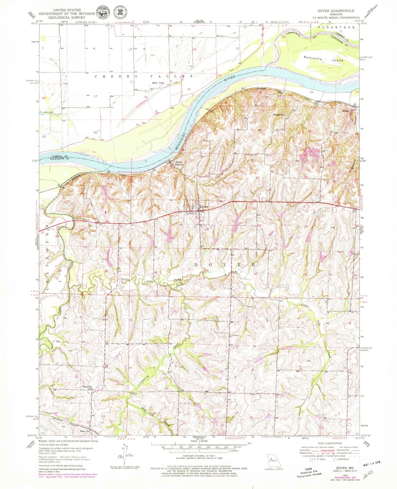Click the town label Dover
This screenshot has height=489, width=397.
pos(204,207)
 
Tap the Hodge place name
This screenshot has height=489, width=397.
pos(346,111)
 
